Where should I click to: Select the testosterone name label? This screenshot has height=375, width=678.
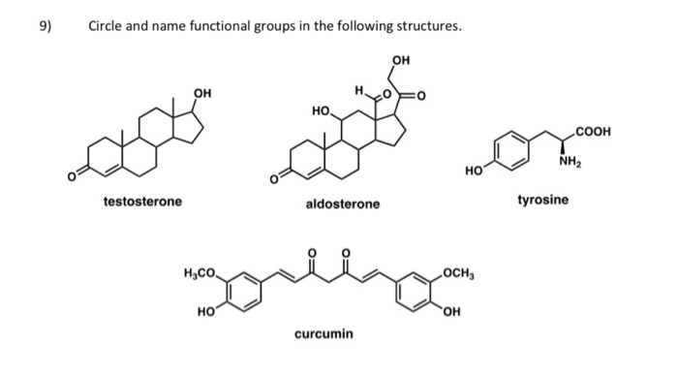142,202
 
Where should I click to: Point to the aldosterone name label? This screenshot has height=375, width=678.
343,204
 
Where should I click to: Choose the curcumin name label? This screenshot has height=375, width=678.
324,334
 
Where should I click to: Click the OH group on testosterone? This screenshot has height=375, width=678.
202,93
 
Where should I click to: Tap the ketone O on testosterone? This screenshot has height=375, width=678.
71,177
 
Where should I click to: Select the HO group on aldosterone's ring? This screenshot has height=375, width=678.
323,111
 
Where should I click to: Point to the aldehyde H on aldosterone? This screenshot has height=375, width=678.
358,92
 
